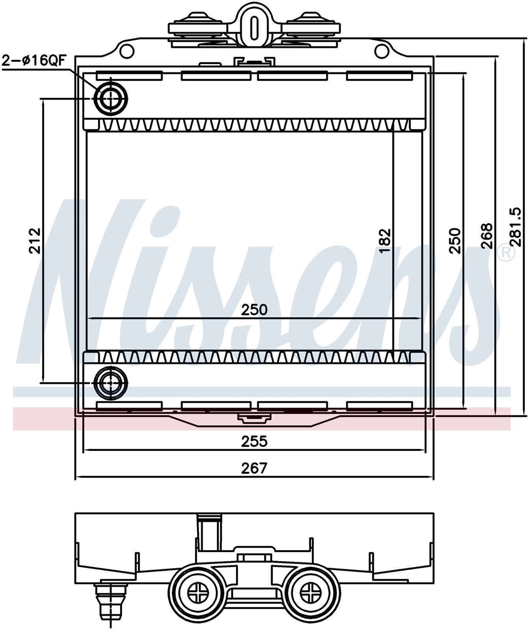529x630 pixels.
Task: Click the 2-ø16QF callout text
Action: coord(34,61)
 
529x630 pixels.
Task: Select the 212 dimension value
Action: coord(36,241)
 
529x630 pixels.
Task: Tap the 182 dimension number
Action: coord(384,241)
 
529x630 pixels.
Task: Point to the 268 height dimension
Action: coord(487,236)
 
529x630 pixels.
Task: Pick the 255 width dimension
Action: coord(254,441)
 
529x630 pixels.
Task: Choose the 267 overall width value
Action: coord(254,468)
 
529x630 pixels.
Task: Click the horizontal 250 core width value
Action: coord(254,309)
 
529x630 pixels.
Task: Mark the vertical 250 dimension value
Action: coord(455,241)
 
